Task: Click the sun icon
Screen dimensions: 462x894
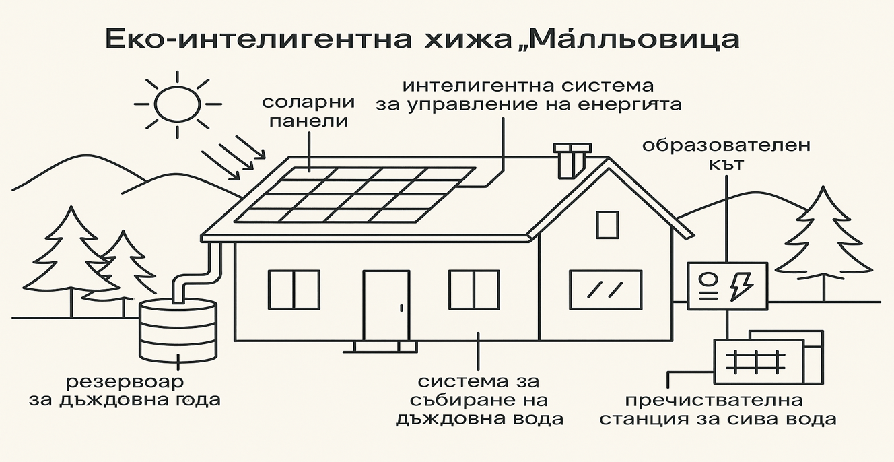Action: click(178, 104)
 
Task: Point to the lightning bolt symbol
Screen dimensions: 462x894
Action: click(743, 286)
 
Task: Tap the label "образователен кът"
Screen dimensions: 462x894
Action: click(726, 155)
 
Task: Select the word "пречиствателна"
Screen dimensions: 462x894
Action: click(714, 401)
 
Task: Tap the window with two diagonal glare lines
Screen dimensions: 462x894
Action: click(605, 290)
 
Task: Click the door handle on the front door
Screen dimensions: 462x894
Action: click(402, 308)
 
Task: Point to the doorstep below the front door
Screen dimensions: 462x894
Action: click(386, 346)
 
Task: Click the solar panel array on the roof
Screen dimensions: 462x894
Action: click(354, 195)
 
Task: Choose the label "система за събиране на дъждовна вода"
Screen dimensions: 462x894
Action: click(479, 401)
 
